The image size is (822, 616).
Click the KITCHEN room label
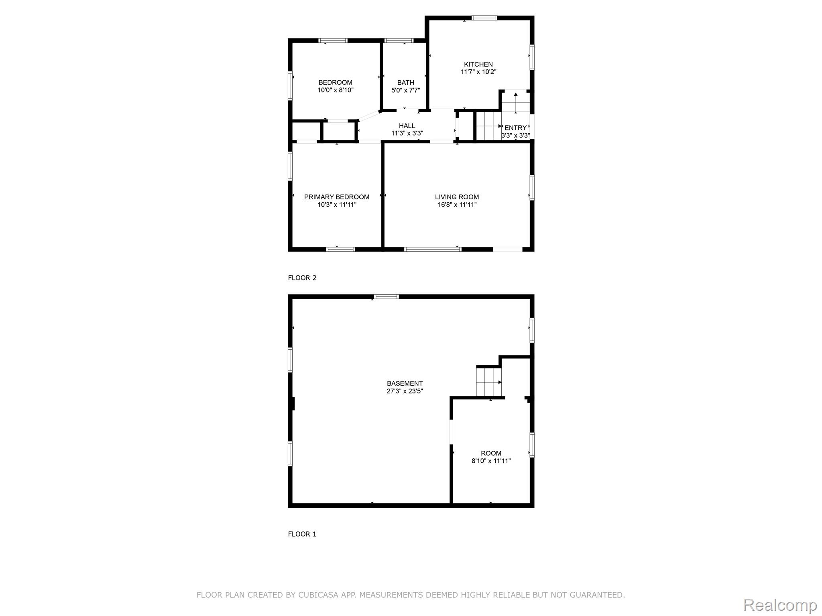coord(478,64)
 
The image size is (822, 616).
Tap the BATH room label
coord(405,83)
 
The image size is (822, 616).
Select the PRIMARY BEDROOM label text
coord(336,197)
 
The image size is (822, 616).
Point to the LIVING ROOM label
coord(457,197)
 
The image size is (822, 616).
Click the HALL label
coord(407,126)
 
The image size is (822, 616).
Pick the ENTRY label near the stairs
coord(515,128)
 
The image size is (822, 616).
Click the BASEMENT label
coord(405,383)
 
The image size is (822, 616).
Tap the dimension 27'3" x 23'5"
coord(405,391)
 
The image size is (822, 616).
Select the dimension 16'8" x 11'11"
coord(457,205)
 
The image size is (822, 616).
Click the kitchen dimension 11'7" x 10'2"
coord(478,72)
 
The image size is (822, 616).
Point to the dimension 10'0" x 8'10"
coord(335,90)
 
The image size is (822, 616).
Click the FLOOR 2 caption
coord(302,278)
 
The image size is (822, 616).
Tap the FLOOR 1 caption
coord(302,534)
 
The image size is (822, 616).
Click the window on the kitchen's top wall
coord(484,18)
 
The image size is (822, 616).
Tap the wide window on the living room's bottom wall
coord(433,249)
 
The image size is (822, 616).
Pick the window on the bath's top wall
coord(399,41)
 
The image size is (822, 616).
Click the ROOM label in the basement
coord(491,454)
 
